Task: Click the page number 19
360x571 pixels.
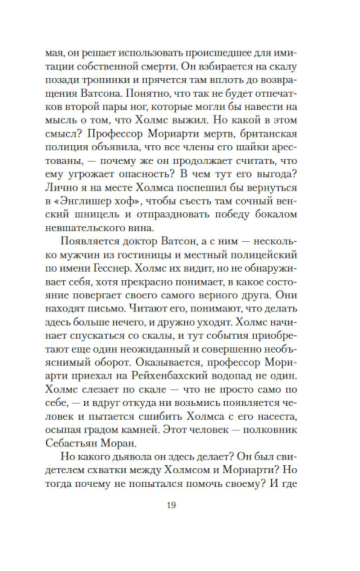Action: click(x=171, y=505)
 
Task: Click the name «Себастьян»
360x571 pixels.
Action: click(x=72, y=443)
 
